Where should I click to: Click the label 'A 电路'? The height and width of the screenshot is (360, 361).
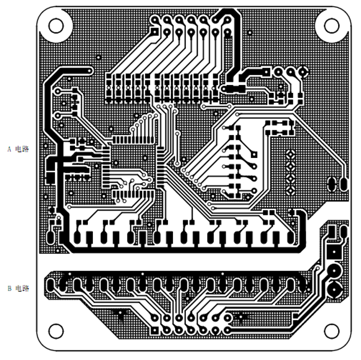pyautogui.click(x=18, y=149)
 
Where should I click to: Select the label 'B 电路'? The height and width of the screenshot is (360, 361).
pyautogui.click(x=18, y=288)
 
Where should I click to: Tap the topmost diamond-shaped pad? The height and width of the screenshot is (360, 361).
pyautogui.click(x=291, y=154)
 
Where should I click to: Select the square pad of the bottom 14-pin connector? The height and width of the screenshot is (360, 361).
pyautogui.click(x=228, y=320)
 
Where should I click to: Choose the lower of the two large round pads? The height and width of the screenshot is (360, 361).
pyautogui.click(x=334, y=290)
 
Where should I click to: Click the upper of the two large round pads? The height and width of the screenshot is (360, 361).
pyautogui.click(x=334, y=271)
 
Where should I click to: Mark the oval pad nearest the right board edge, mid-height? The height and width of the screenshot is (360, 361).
pyautogui.click(x=343, y=183)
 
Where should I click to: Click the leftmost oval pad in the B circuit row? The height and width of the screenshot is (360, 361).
pyautogui.click(x=51, y=284)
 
